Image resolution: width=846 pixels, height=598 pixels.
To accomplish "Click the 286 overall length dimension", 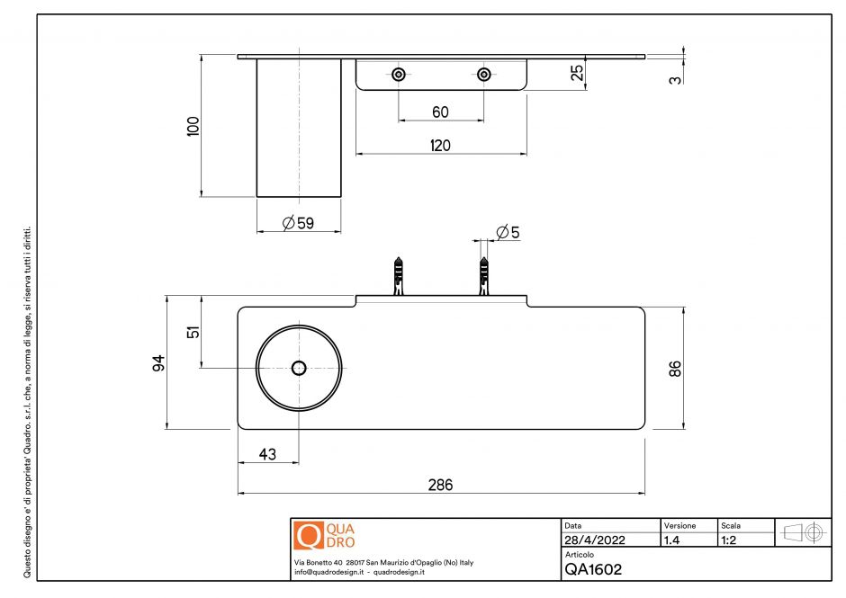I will [x=440, y=485].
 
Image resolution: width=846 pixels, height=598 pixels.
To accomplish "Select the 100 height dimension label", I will [x=192, y=125].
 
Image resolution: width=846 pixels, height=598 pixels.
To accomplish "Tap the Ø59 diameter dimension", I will [x=298, y=223].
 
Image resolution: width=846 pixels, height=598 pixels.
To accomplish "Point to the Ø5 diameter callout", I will [x=508, y=232].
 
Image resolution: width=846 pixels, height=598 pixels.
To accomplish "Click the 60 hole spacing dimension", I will [x=440, y=112].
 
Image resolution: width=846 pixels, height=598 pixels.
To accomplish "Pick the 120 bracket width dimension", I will [x=440, y=145].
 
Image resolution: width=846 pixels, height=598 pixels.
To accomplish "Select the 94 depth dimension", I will [x=158, y=363].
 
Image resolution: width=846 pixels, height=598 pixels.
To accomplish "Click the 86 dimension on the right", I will [x=676, y=368].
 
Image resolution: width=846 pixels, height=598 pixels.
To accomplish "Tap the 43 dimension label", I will [x=267, y=454].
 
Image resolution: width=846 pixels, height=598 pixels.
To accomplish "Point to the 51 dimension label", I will [x=192, y=332].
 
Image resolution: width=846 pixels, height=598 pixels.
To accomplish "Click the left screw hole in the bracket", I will [x=398, y=75].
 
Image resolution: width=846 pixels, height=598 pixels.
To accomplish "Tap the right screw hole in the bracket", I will [x=484, y=75].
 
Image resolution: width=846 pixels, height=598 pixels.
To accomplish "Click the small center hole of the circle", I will [x=299, y=368].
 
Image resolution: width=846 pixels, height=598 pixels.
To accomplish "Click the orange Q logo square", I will [x=308, y=536].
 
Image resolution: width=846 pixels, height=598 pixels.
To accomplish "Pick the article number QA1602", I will [x=593, y=568].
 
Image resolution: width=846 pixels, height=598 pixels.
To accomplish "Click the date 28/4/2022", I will [x=595, y=541].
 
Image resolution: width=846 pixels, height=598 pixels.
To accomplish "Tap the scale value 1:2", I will [x=730, y=541].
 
